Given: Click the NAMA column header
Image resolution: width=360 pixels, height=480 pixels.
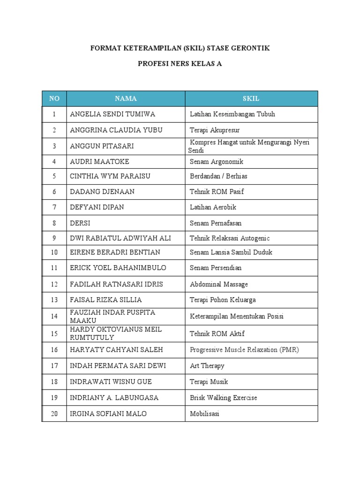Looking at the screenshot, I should tap(126, 98).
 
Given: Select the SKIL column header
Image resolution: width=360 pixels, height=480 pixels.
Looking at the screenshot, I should tap(251, 98).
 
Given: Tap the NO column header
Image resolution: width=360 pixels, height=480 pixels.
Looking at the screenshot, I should tap(54, 98).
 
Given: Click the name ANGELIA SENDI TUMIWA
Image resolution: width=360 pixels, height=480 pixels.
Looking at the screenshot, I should tap(112, 114).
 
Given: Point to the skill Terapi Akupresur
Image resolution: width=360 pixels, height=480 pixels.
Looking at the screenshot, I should tap(215, 130).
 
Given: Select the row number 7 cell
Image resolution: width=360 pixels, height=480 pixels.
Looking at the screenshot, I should tap(54, 207).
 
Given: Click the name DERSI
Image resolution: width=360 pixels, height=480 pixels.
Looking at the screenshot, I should tap(80, 223).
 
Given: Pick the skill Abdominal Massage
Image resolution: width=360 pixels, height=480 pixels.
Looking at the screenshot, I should tap(219, 284).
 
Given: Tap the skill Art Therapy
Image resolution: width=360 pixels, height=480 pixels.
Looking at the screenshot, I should tap(207, 366).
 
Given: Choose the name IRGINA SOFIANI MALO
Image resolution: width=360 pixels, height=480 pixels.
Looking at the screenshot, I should tap(108, 413).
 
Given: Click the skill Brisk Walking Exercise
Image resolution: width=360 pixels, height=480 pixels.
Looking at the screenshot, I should tap(224, 397).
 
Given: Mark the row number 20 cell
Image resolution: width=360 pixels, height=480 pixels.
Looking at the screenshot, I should tap(54, 413).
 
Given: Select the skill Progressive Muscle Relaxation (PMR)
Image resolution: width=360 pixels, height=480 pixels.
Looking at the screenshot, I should tap(244, 350).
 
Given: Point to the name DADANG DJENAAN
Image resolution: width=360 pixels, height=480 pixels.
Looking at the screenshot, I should tap(102, 191).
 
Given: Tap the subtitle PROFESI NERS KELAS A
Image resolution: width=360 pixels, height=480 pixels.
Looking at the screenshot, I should tap(180, 64).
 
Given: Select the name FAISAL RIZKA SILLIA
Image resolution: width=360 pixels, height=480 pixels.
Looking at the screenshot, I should tap(106, 300).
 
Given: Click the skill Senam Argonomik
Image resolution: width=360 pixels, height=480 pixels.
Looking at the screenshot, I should tap(217, 162).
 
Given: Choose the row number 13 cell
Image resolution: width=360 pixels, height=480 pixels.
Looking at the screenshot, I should tap(54, 300).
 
